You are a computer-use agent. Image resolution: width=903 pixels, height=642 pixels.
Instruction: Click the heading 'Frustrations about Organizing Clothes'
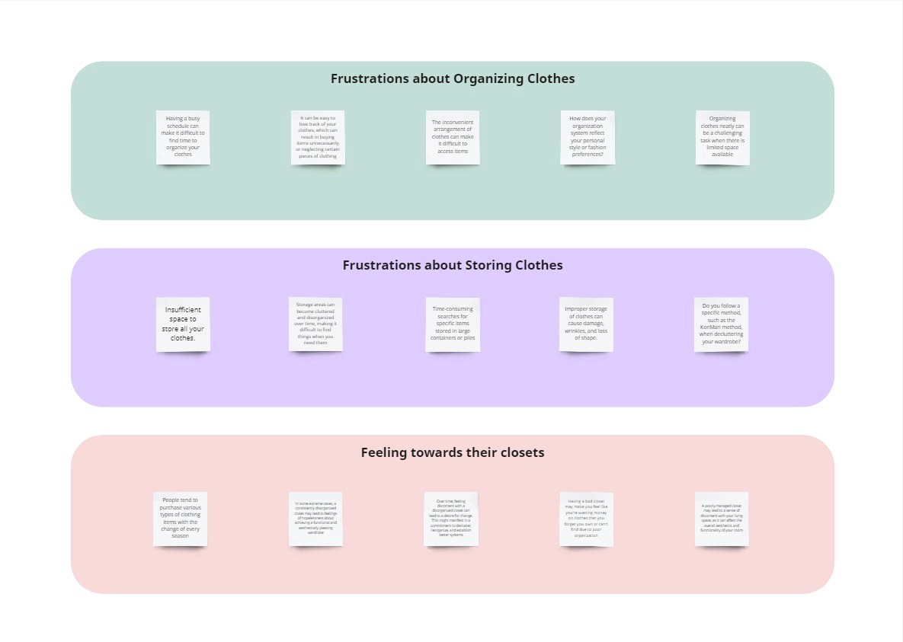coord(453,78)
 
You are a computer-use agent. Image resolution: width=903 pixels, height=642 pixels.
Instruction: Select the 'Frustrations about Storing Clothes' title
coord(453,265)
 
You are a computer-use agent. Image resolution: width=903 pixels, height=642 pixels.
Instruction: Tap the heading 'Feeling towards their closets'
coord(453,452)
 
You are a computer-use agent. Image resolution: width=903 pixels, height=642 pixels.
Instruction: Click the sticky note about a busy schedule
coord(183,137)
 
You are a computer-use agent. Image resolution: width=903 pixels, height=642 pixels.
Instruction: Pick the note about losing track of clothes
coord(318,137)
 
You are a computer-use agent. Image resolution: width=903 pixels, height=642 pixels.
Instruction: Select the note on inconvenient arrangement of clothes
coord(453,137)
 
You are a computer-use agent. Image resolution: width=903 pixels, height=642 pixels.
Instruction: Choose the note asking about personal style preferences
coord(588,137)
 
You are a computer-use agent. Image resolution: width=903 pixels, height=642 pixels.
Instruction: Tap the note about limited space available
coord(722,137)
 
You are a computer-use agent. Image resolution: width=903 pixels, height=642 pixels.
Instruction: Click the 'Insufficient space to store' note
coord(183,324)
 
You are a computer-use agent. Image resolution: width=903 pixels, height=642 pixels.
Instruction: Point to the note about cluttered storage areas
coord(315,324)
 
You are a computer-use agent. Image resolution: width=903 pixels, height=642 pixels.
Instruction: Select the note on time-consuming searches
coord(453,324)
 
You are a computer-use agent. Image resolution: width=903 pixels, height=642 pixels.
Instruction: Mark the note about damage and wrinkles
coord(586,324)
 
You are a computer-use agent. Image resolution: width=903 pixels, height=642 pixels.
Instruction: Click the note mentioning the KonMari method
coord(721,324)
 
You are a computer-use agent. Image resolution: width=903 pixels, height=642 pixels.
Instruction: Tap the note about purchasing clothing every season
coord(180,519)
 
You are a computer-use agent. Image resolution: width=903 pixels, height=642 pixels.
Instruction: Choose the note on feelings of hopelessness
coord(315,519)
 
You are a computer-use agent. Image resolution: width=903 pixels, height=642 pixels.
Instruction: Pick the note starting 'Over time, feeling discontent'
coord(451,519)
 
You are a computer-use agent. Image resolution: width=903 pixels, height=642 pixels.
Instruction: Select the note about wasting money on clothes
coord(586,519)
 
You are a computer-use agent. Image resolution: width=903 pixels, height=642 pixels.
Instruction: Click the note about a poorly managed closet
coord(722,519)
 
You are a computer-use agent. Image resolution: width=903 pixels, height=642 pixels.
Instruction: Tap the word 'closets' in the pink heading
coord(520,452)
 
